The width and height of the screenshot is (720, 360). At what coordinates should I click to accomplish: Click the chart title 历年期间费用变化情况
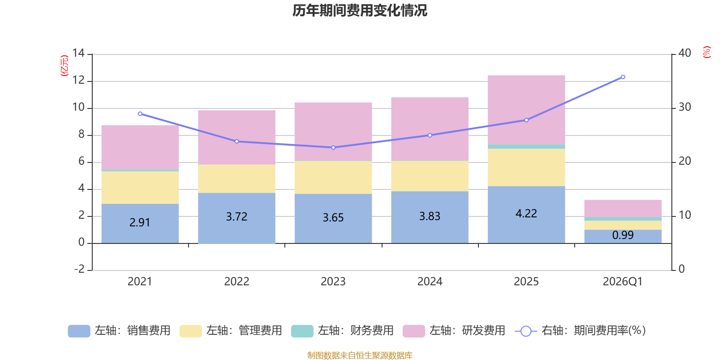coord(360,10)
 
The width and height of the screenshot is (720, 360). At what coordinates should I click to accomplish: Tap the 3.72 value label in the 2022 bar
coord(237,216)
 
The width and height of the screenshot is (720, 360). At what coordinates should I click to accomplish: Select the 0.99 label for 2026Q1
coord(623,235)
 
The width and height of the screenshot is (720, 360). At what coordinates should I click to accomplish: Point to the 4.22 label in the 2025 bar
coord(526,213)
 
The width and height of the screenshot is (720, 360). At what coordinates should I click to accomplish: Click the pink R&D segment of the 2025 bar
coord(526,110)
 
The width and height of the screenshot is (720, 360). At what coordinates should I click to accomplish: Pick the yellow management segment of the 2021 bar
coord(140,188)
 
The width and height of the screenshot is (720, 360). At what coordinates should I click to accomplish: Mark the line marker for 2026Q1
coord(623,77)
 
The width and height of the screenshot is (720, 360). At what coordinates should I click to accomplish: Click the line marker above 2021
coord(140,114)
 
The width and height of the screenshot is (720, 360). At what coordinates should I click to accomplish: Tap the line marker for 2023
coord(333,148)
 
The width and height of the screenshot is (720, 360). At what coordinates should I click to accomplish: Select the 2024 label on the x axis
coord(430,282)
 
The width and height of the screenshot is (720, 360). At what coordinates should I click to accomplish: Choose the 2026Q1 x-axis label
coord(622,282)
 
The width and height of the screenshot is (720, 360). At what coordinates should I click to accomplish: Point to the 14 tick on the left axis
coord(79,53)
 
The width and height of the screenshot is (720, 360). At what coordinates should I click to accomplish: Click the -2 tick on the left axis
coord(80,269)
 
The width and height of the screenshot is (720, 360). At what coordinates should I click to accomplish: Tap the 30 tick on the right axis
coord(684,107)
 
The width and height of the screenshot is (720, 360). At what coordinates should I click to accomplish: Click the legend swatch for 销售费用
coord(79,331)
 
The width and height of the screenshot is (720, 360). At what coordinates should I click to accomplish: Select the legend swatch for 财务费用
coord(302,331)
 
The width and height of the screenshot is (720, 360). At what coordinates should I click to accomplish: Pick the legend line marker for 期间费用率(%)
coord(526,331)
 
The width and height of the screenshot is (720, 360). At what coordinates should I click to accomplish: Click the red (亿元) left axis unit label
coord(64,66)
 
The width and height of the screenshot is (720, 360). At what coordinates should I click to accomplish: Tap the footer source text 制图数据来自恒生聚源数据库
coord(360,355)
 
